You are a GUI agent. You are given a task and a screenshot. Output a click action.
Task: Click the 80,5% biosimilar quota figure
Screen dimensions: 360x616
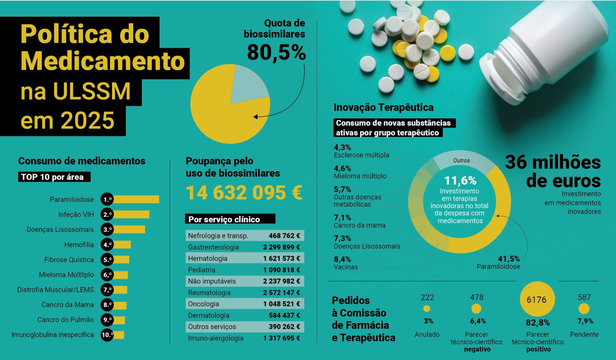click(x=276, y=53)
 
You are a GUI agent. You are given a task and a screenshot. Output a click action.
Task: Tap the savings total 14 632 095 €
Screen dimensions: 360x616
click(x=244, y=193)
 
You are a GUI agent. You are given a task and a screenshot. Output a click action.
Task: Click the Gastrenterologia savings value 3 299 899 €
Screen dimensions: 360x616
click(x=282, y=247)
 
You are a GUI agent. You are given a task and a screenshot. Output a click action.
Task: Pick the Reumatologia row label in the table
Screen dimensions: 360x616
click(x=209, y=293)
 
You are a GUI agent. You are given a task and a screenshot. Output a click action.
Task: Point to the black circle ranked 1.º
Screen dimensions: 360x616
click(x=107, y=199)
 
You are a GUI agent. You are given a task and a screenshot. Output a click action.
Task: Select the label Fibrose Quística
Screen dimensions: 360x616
click(x=69, y=260)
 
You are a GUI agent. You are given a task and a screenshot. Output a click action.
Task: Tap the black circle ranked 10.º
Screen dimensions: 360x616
click(x=107, y=335)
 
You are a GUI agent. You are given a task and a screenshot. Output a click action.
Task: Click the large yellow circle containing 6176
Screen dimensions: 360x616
click(x=537, y=299)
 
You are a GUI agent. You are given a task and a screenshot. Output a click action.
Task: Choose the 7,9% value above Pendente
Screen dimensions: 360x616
click(x=585, y=321)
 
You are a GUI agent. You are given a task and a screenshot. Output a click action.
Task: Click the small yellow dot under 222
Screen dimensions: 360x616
click(x=427, y=309)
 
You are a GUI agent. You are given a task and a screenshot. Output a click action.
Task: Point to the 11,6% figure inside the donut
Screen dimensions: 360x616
click(x=460, y=181)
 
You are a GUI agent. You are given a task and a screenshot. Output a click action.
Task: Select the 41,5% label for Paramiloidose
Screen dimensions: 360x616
click(x=509, y=259)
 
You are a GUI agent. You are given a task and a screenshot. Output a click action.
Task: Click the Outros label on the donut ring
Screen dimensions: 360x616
click(x=462, y=161)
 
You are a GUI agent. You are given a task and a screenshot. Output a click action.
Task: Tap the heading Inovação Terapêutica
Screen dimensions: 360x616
click(x=383, y=108)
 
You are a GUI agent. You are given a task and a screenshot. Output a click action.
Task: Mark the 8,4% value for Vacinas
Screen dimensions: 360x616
click(x=342, y=259)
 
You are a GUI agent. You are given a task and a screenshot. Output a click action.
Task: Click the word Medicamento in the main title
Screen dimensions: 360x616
click(x=103, y=61)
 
